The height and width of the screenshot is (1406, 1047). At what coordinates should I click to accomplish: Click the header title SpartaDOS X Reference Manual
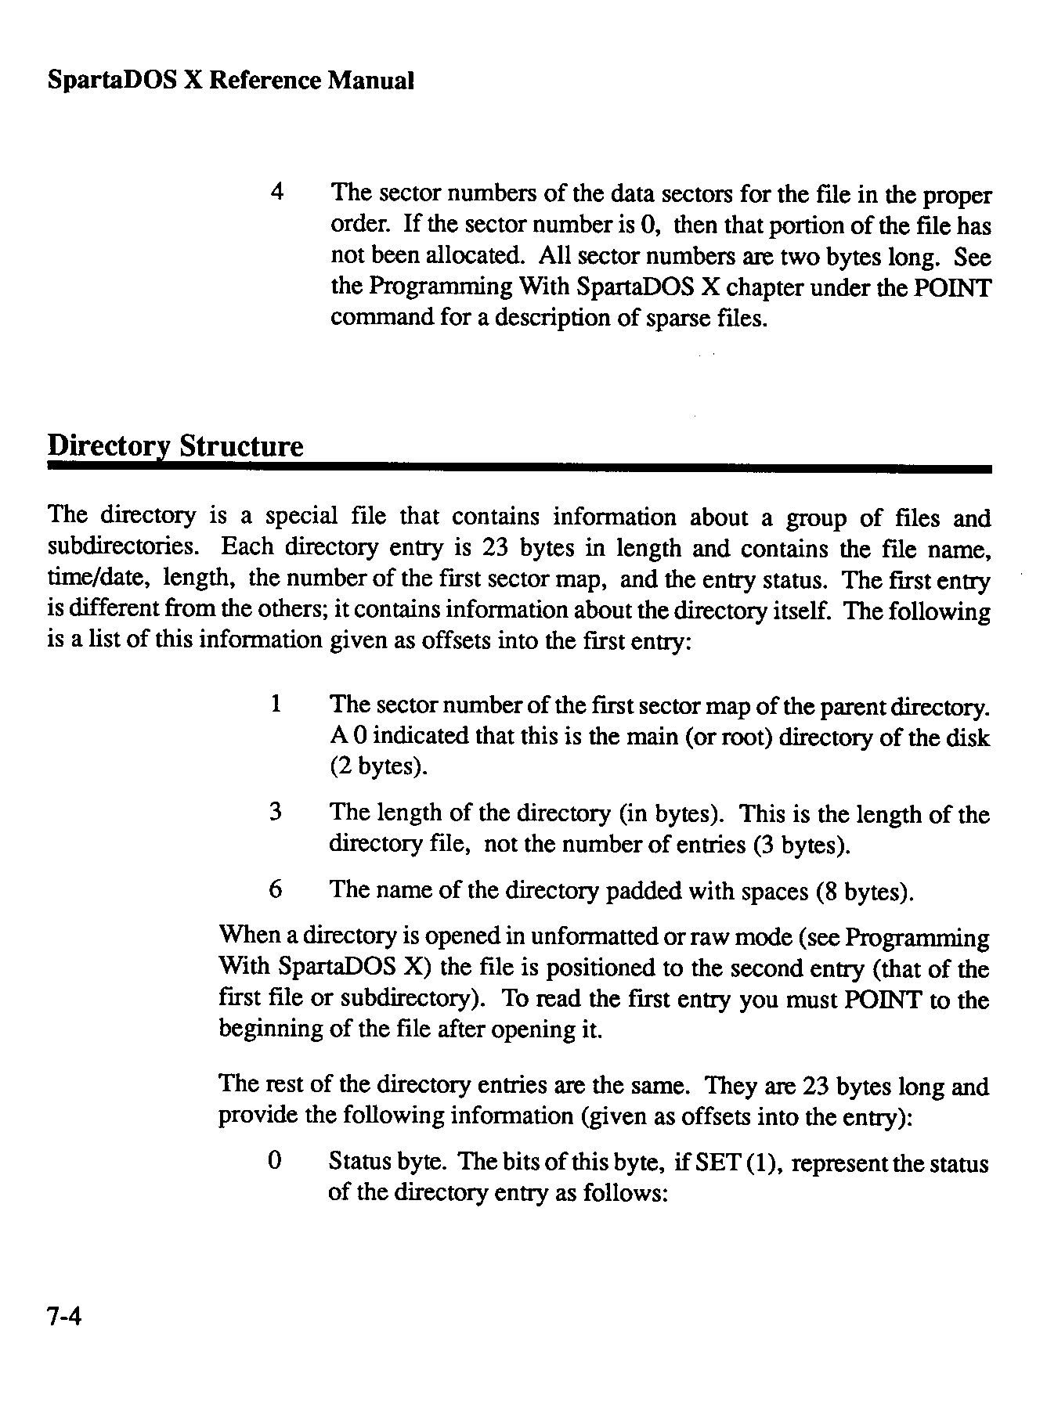[x=230, y=81]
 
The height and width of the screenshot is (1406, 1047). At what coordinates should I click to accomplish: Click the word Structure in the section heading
[x=240, y=446]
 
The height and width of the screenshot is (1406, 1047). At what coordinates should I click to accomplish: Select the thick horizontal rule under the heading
[x=519, y=468]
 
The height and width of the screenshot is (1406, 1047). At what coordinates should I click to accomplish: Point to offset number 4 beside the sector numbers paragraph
[x=276, y=193]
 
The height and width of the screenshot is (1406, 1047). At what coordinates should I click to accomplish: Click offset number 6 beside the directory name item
[x=275, y=889]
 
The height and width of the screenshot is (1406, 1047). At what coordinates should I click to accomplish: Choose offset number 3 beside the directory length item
[x=275, y=813]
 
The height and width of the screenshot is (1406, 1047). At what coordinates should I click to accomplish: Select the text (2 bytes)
[x=378, y=766]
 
